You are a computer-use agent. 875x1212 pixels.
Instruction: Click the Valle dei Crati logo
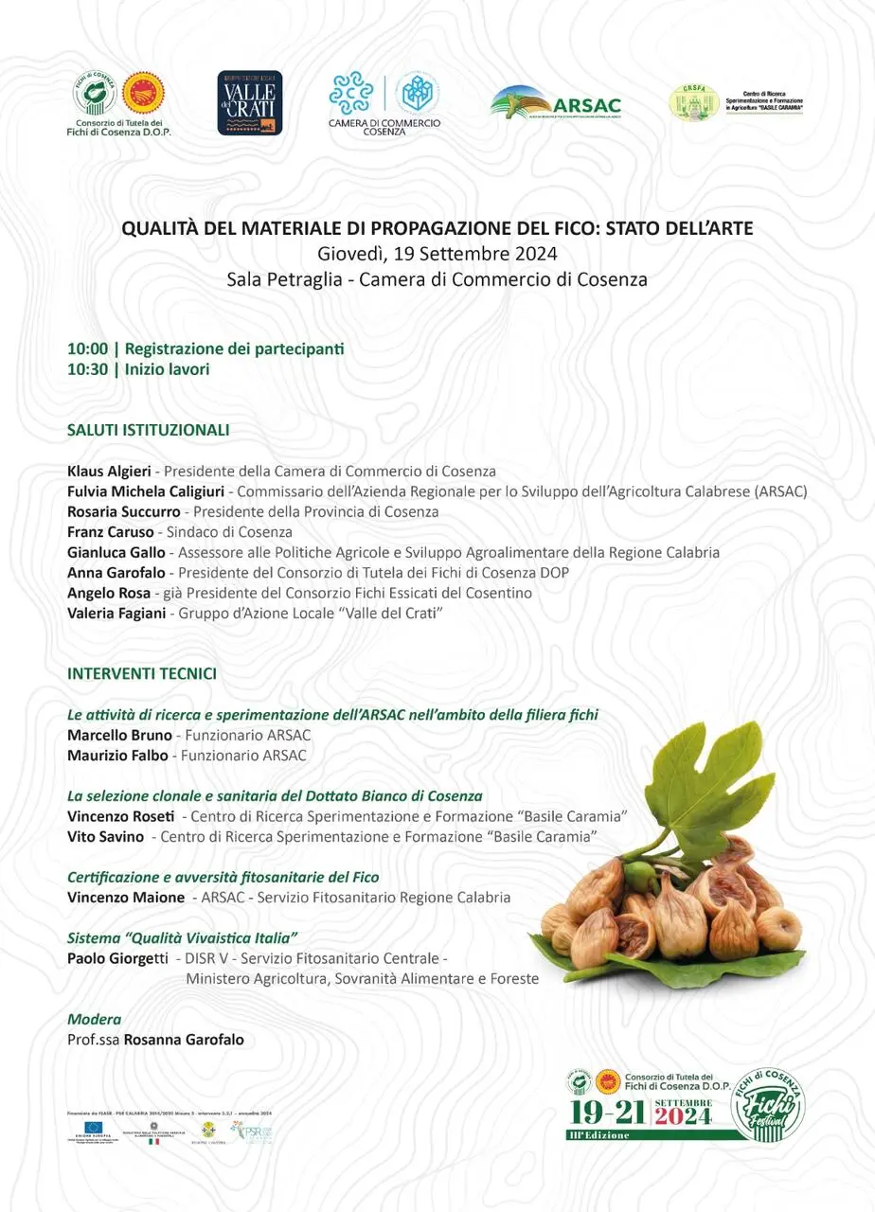pos(250,103)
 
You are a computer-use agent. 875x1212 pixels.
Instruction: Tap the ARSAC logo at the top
pos(556,103)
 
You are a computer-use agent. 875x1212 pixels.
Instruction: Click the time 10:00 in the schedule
pos(86,349)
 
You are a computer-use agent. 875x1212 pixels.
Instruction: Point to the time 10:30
pos(86,369)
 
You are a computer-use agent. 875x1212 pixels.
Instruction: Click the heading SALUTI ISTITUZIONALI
pos(149,430)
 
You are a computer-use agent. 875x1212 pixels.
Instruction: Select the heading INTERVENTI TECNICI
pos(142,674)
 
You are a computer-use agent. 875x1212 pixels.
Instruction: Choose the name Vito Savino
pos(106,837)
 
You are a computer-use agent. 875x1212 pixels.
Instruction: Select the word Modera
pos(94,1020)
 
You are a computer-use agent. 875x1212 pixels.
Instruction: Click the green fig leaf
pos(702,786)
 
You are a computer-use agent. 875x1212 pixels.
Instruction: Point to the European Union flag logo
pos(95,1128)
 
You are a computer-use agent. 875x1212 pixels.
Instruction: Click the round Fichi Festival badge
pos(768,1105)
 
